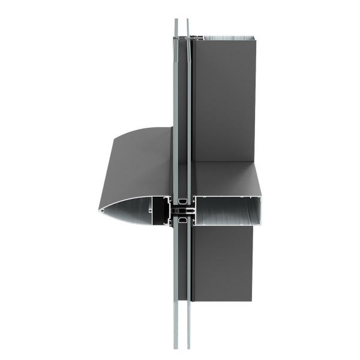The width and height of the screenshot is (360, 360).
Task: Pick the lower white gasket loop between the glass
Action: (181, 221)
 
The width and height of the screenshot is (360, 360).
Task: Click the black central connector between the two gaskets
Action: (180, 211)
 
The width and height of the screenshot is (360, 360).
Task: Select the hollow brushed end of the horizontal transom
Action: (228, 210)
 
